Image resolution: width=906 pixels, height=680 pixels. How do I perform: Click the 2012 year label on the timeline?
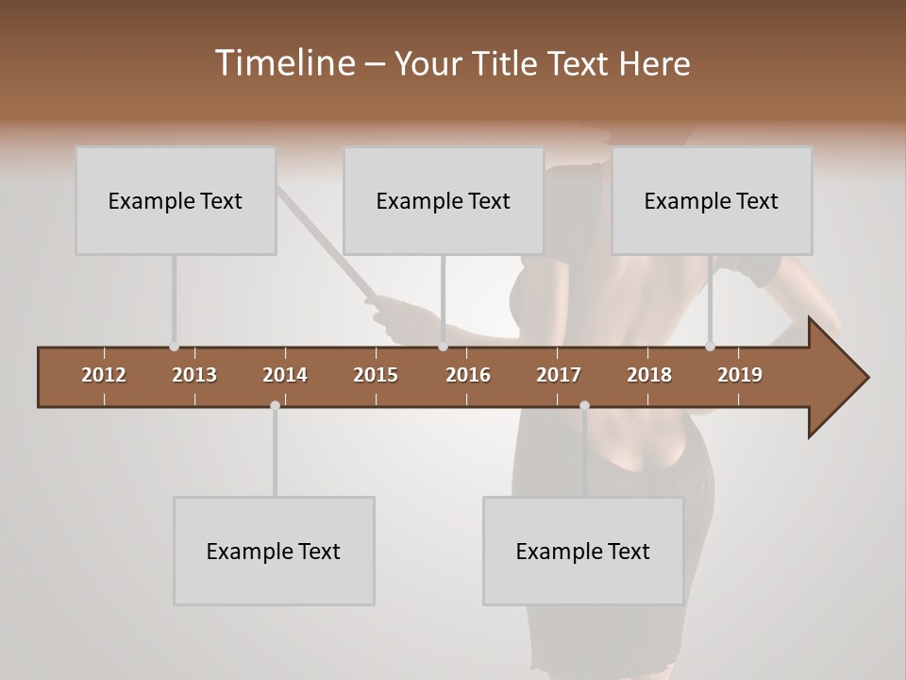point(104,375)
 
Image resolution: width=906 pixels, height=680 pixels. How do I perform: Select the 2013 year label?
point(194,375)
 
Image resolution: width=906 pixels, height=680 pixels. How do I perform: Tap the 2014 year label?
point(285,375)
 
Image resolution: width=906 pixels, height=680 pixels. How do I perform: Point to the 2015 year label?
point(376,375)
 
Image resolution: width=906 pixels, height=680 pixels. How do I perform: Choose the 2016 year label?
point(468,375)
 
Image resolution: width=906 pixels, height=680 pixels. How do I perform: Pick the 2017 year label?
point(559,375)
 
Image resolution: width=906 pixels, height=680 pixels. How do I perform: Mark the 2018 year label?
point(649,375)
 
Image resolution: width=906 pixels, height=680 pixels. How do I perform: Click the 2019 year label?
point(740,375)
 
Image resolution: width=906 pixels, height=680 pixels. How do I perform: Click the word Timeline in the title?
point(284,63)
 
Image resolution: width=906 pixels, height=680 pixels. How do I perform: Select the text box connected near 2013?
point(176,200)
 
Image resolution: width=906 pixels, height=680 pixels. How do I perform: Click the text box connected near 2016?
point(444,200)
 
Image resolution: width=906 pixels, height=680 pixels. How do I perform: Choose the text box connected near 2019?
point(712,200)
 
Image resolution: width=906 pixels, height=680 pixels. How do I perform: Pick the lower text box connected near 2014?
point(274,551)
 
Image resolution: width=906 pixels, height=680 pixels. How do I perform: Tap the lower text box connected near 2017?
point(583,551)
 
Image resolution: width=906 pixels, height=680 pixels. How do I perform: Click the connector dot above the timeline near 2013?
point(174,347)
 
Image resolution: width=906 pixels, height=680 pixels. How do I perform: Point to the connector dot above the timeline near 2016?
point(443,347)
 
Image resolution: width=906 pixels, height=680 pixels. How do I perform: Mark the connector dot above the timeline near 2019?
point(710,347)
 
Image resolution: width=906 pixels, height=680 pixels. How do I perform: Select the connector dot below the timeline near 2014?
point(275,405)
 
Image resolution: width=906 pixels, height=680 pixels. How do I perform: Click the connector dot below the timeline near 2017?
point(584,405)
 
